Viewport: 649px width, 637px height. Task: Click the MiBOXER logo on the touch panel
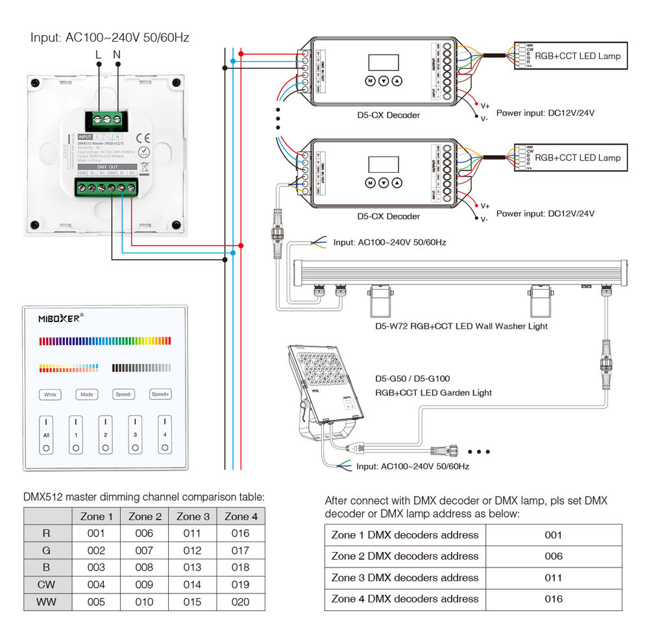pos(59,318)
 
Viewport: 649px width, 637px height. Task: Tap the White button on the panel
pos(50,394)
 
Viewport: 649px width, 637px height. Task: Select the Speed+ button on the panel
pos(160,394)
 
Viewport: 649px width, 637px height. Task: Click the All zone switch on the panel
pos(47,434)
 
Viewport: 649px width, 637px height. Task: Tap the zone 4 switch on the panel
pos(165,434)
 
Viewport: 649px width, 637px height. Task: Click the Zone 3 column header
pos(193,517)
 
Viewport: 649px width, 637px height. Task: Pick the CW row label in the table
pos(47,584)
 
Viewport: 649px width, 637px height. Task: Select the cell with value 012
pos(193,551)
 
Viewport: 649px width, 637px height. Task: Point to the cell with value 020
pos(240,602)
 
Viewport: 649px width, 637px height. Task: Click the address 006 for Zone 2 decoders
pos(553,556)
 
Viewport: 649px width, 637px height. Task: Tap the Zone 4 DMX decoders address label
pos(405,599)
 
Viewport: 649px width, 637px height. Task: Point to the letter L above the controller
pos(98,55)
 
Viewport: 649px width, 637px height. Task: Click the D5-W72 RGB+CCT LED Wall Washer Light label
pos(461,326)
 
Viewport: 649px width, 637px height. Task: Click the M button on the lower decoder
pos(370,182)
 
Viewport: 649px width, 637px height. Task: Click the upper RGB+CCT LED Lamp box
pos(571,56)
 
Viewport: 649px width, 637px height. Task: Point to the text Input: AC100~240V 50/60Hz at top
pos(110,37)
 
